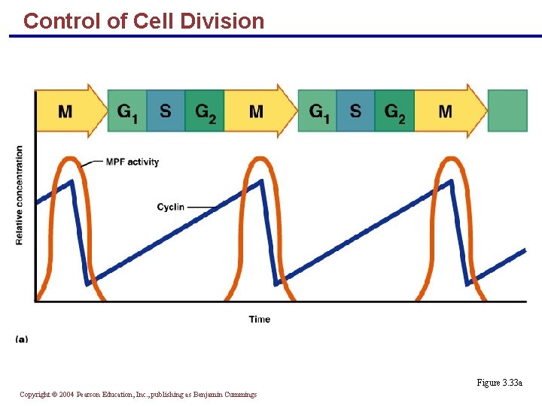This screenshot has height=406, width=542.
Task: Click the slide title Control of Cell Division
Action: (144, 21)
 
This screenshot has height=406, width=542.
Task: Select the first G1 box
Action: (127, 111)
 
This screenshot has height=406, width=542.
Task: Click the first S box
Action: (166, 111)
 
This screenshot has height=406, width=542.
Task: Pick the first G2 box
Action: (205, 111)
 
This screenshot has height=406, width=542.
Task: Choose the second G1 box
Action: (317, 111)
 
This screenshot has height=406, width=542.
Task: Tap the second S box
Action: (355, 111)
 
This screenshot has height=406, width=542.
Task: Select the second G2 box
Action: (394, 111)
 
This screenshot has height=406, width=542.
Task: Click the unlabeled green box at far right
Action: (507, 111)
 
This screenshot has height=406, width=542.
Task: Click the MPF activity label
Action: (132, 162)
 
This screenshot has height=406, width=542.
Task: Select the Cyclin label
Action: (171, 207)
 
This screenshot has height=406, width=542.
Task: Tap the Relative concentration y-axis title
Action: (20, 195)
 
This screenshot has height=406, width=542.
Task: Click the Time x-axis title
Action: (260, 320)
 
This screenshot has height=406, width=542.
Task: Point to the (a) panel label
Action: (22, 339)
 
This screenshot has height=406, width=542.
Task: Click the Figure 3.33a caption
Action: (499, 383)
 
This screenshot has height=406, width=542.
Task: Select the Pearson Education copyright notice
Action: (138, 394)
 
